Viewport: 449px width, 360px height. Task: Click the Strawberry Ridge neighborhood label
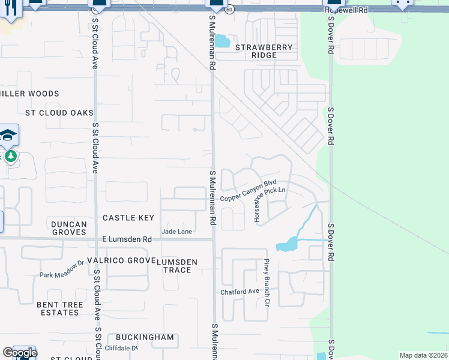point(264,51)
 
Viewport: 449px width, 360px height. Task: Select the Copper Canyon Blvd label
point(248,191)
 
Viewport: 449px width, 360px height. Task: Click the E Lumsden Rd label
point(127,239)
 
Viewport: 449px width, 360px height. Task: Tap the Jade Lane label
point(176,232)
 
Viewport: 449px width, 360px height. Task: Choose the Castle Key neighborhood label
point(128,218)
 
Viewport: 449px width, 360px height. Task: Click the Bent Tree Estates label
point(60,309)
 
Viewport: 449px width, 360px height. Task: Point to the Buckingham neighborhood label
point(145,337)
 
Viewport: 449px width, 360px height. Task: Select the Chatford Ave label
point(239,292)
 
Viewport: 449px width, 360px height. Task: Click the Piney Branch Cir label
point(266,278)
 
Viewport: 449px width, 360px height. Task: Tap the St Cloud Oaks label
point(59,113)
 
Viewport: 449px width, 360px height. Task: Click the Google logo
point(19,353)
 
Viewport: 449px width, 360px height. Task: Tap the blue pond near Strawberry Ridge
point(223,41)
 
